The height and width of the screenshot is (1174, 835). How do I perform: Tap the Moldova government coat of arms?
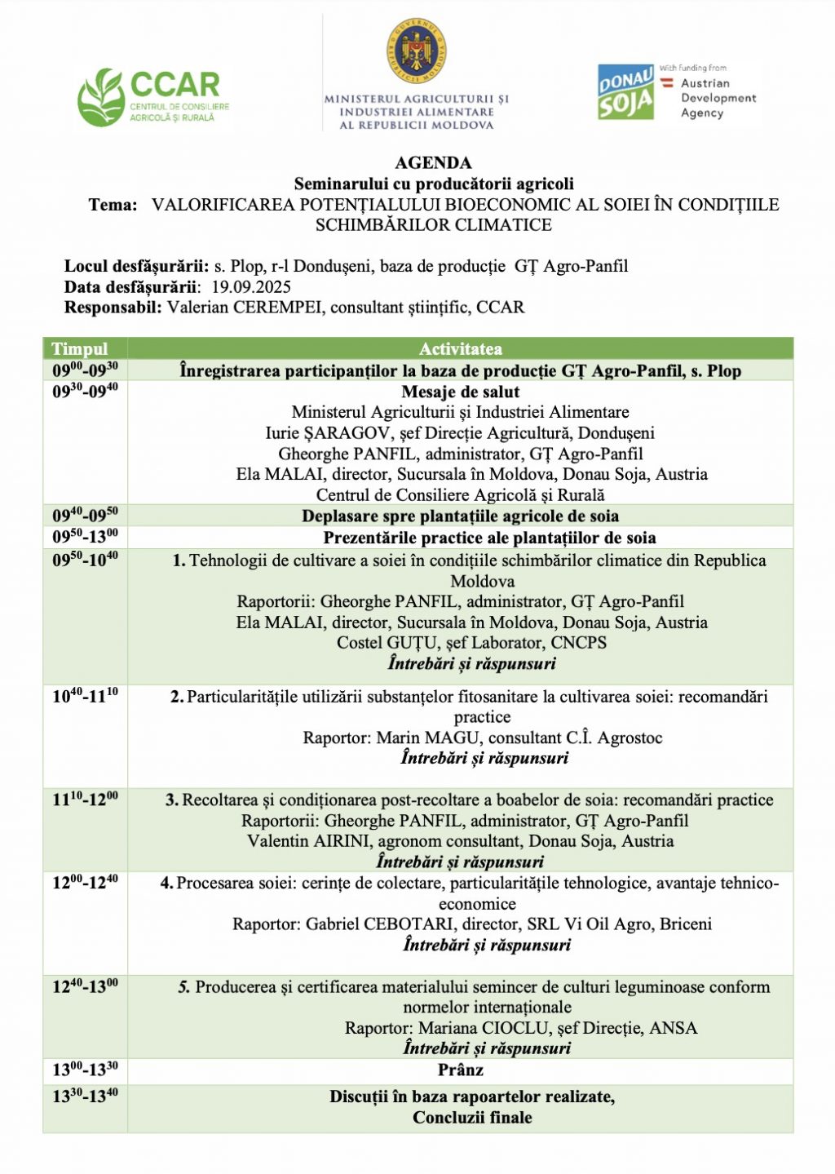coord(416,54)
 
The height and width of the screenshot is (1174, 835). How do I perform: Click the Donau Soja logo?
coord(625,92)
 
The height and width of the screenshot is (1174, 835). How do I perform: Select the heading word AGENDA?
coord(433,163)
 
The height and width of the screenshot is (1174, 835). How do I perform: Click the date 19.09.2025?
coord(250,287)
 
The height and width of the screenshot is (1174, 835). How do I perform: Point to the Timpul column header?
coord(79,349)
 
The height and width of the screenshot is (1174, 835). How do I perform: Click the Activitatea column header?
coord(460,349)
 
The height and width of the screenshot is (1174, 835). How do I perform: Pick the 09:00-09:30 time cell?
coord(85,370)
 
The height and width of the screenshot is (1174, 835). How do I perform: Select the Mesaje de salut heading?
coord(460,392)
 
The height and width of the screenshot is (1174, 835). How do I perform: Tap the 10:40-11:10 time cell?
coord(85,696)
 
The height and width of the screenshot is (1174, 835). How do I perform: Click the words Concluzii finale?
coord(472,1118)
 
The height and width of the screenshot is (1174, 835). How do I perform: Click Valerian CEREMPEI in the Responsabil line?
coord(245,308)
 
